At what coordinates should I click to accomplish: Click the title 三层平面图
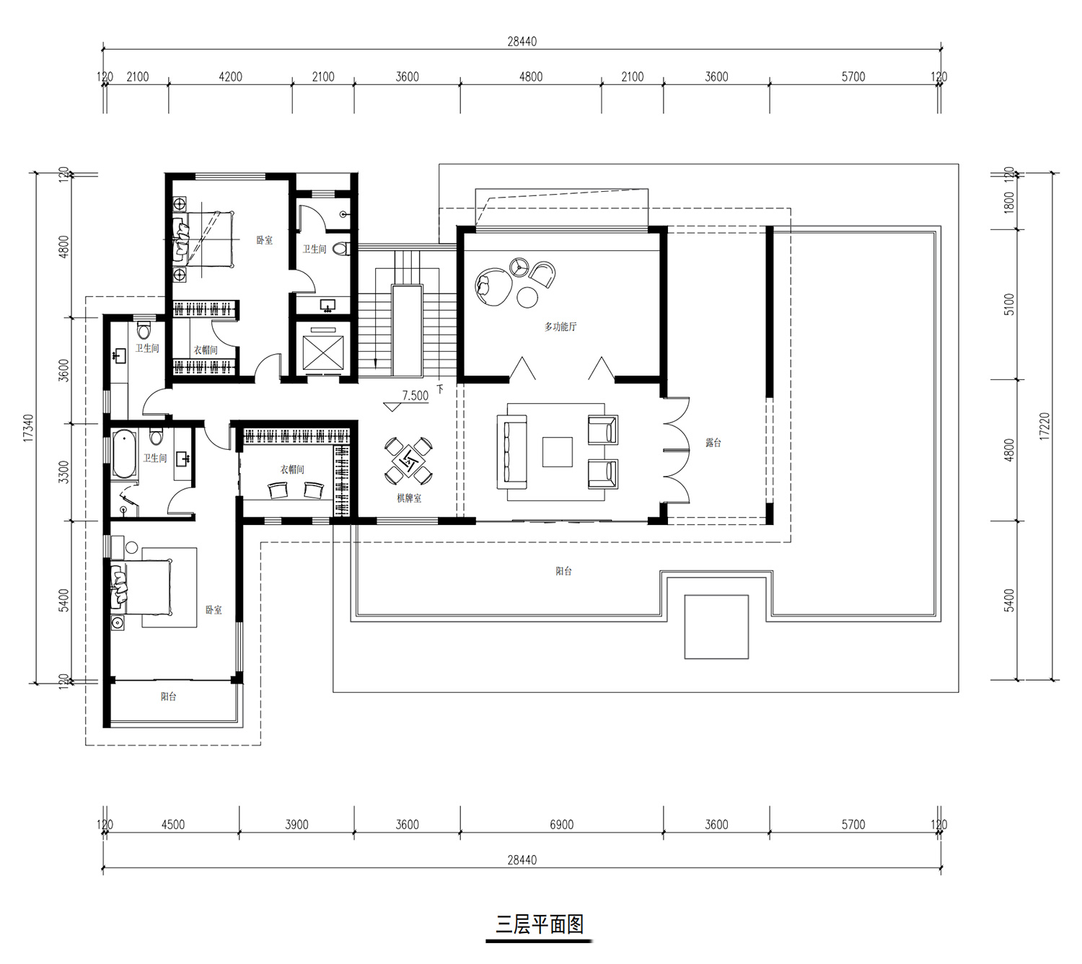tap(540, 924)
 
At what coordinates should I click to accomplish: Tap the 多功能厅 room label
tap(560, 327)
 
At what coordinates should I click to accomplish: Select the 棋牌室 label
tap(409, 498)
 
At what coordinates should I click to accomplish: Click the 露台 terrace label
tap(713, 443)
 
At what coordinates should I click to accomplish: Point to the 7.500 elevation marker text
tap(415, 396)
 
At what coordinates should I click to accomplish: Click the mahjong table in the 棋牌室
tap(409, 459)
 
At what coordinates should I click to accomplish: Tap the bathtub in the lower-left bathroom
tap(124, 454)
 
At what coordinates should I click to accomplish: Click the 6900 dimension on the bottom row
tap(561, 825)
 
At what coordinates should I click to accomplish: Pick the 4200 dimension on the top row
tap(230, 77)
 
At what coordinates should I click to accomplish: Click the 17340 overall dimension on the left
tap(28, 428)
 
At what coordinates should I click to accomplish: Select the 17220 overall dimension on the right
tap(1044, 427)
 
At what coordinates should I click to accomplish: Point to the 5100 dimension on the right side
tap(1008, 304)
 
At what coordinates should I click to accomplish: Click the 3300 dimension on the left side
tap(63, 472)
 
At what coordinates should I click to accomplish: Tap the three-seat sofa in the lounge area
tap(511, 451)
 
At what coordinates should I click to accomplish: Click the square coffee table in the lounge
tap(558, 451)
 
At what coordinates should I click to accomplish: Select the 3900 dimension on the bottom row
tap(296, 825)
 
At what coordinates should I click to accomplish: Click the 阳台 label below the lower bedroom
tap(168, 697)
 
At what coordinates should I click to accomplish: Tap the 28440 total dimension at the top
tap(522, 42)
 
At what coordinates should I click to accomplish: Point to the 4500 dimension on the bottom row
tap(172, 825)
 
